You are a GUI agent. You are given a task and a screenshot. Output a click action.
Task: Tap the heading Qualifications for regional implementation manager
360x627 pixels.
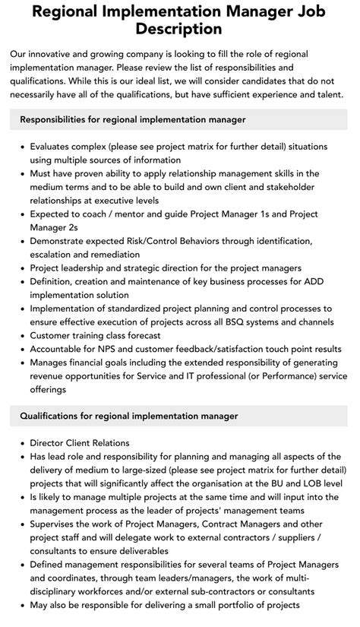(129, 416)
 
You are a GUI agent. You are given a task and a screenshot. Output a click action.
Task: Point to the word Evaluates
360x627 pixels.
(55, 147)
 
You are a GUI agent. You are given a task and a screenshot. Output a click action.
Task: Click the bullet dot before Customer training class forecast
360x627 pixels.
(21, 335)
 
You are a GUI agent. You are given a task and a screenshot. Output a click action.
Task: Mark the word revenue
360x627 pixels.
(51, 376)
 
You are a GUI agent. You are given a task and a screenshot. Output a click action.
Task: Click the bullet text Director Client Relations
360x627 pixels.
(80, 443)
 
